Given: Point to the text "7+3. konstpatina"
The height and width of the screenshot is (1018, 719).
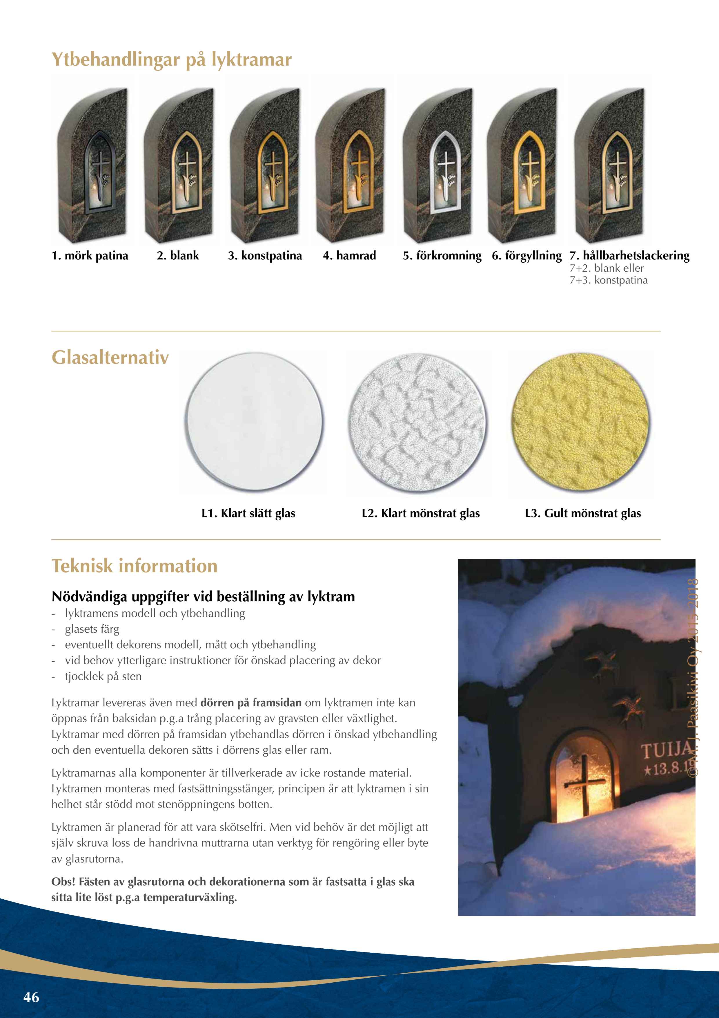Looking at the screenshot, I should pyautogui.click(x=608, y=280).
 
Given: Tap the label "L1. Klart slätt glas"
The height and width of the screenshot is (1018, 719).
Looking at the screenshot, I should pyautogui.click(x=248, y=513).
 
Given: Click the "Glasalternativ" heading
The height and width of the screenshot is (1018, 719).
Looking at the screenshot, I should pyautogui.click(x=110, y=357).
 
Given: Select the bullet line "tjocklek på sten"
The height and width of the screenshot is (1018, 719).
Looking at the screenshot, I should pyautogui.click(x=103, y=676).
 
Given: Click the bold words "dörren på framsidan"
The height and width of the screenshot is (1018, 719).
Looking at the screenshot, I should pyautogui.click(x=251, y=703).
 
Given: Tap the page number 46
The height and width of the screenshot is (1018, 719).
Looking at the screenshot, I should pyautogui.click(x=31, y=997).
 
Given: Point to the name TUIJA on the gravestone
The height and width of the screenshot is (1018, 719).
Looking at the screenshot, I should pyautogui.click(x=666, y=751).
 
